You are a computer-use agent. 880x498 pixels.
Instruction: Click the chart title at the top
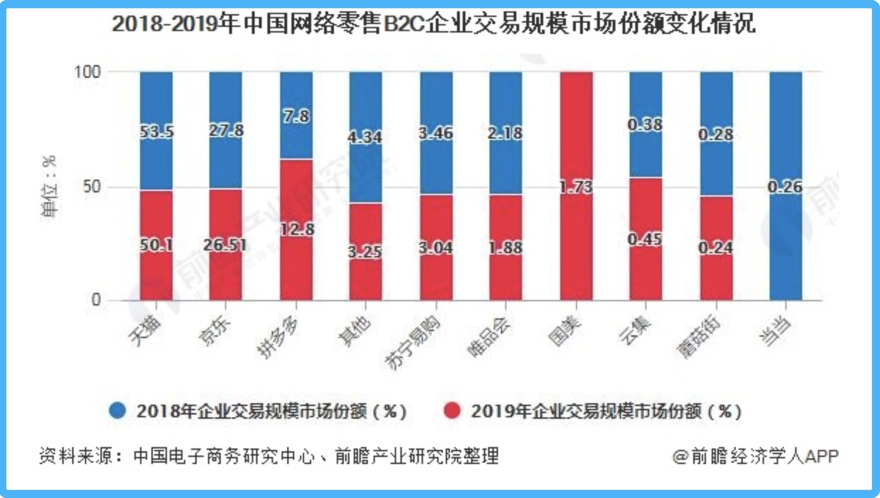point(433,25)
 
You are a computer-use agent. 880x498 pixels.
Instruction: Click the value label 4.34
point(366,137)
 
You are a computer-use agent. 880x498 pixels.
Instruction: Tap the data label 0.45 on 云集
point(645,239)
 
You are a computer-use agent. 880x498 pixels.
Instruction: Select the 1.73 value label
point(576,187)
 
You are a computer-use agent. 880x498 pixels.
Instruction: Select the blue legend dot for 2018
point(118,411)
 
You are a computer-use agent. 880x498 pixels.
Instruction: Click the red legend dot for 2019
point(451,411)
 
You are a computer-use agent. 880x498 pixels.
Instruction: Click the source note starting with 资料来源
point(269,456)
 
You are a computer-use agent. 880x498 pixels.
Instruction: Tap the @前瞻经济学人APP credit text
point(755,456)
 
